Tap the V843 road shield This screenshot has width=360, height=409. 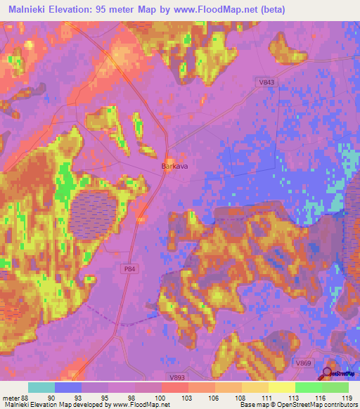tap(266, 83)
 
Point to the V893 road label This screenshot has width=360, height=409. tap(176, 377)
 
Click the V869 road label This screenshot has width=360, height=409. tap(303, 362)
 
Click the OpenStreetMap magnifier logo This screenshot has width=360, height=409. tap(328, 374)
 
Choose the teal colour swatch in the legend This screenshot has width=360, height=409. tap(41, 387)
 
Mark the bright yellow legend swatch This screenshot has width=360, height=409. tap(281, 387)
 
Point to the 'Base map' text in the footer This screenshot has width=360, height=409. tap(252, 404)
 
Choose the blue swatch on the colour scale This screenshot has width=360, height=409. tap(68, 387)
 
